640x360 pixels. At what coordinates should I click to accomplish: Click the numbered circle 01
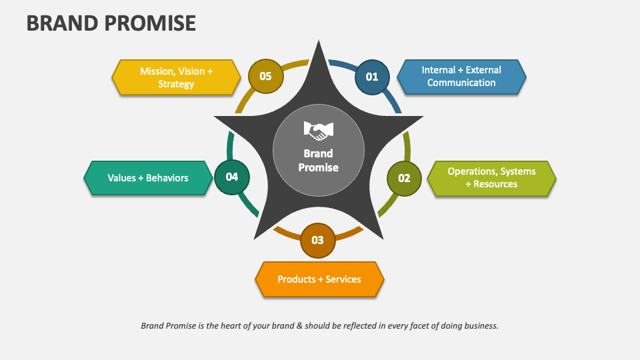(371, 77)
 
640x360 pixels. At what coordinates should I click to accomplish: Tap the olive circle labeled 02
(404, 178)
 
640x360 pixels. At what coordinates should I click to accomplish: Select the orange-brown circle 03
(317, 240)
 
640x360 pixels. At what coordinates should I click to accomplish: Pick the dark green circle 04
(231, 177)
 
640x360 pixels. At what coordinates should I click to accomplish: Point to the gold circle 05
(265, 76)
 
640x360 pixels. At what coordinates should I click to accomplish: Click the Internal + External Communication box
(461, 77)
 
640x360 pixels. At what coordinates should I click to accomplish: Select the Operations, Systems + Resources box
(491, 178)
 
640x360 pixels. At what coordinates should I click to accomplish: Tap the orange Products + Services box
(319, 279)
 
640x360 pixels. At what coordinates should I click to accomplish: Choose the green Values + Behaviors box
(148, 178)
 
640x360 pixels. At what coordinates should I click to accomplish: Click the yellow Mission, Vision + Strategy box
(176, 77)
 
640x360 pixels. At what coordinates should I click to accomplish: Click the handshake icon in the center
(318, 130)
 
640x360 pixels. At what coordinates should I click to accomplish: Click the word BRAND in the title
(63, 23)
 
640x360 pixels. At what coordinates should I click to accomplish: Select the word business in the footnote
(479, 326)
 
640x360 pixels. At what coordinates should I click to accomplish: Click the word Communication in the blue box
(461, 83)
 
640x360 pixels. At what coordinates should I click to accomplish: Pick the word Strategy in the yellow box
(176, 84)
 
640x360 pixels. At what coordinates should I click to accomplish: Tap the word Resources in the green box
(495, 184)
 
